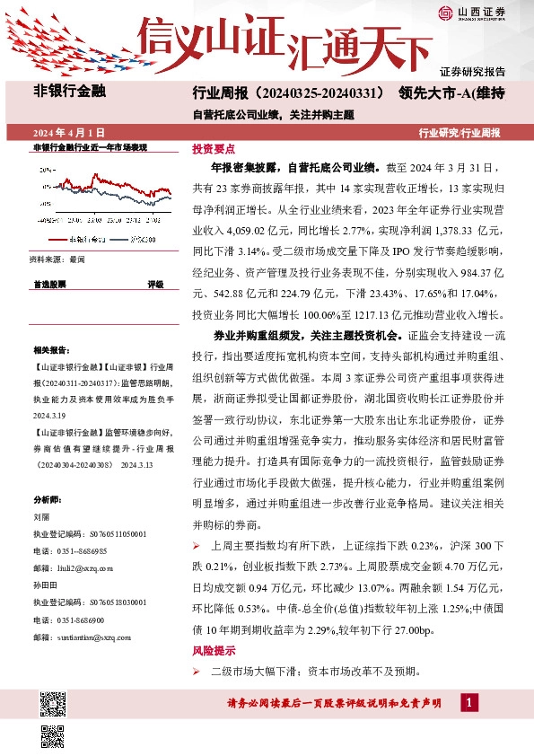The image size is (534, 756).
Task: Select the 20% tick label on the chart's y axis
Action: pos(45,168)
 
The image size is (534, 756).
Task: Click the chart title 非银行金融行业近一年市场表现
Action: pos(90,146)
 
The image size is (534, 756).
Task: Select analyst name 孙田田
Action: pos(45,584)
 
